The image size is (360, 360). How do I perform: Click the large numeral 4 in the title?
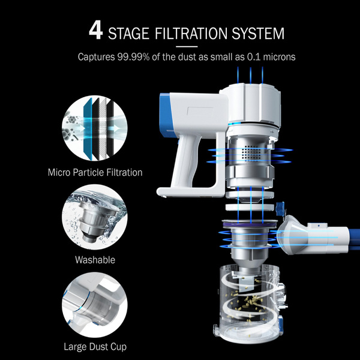pos(96,31)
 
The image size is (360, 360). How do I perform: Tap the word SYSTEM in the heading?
pos(258,34)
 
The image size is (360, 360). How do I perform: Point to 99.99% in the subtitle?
pos(133,57)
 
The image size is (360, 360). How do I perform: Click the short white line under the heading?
pos(187,47)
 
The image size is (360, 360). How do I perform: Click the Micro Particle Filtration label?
pos(95,172)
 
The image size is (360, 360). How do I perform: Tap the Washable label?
pos(95,260)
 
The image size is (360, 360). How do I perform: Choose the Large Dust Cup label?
pos(95,347)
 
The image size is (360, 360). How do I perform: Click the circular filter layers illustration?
pos(95,128)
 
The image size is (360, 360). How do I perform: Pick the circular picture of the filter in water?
pos(95,217)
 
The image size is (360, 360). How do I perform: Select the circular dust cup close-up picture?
pos(95,305)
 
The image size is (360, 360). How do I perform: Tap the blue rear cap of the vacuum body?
pos(166,115)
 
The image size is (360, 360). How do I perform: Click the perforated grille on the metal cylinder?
pos(251,152)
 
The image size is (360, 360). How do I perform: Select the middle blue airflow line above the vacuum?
pos(250,76)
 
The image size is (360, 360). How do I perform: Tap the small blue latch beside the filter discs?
pos(280,208)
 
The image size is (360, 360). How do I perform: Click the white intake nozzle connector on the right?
pos(312,236)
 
